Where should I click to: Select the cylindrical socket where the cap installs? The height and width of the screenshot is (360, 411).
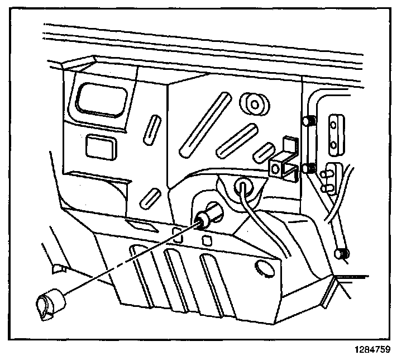pyautogui.click(x=211, y=215)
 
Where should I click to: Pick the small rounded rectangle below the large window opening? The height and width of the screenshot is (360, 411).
pyautogui.click(x=99, y=146)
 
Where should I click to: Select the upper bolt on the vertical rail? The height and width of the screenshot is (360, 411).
pyautogui.click(x=307, y=122)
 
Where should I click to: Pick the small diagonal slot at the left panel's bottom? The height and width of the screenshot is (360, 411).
pyautogui.click(x=150, y=197)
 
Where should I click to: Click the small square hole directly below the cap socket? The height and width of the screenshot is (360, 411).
pyautogui.click(x=207, y=240)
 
